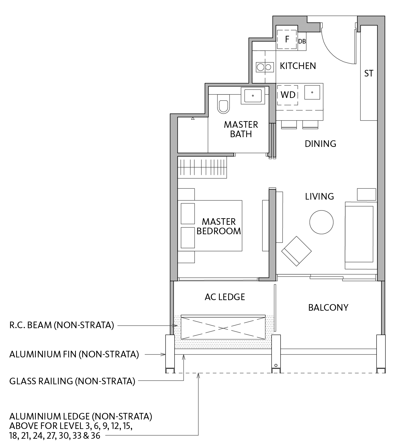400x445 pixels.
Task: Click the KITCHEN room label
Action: [x=298, y=66]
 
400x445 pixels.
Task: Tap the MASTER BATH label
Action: [x=241, y=129]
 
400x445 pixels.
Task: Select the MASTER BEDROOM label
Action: [x=219, y=226]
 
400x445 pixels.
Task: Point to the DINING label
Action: [x=320, y=144]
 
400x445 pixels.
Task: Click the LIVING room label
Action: [x=319, y=196]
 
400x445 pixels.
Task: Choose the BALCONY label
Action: [x=328, y=308]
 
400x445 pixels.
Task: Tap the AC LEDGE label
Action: [x=225, y=297]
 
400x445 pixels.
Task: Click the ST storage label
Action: [x=369, y=74]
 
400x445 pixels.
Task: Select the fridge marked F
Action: [x=287, y=40]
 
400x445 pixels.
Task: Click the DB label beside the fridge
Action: [x=302, y=42]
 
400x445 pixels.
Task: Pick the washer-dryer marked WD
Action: [x=288, y=95]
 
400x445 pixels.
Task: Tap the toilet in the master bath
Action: [x=223, y=103]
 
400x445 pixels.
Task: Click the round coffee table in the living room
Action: [x=321, y=222]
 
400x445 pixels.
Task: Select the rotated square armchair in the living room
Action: [x=296, y=251]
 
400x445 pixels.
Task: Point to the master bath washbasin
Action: [x=253, y=96]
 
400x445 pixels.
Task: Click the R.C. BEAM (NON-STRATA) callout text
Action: [x=62, y=325]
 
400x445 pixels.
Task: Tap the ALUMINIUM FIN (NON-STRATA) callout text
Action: [x=74, y=355]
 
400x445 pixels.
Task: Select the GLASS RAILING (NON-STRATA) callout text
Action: [x=72, y=381]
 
